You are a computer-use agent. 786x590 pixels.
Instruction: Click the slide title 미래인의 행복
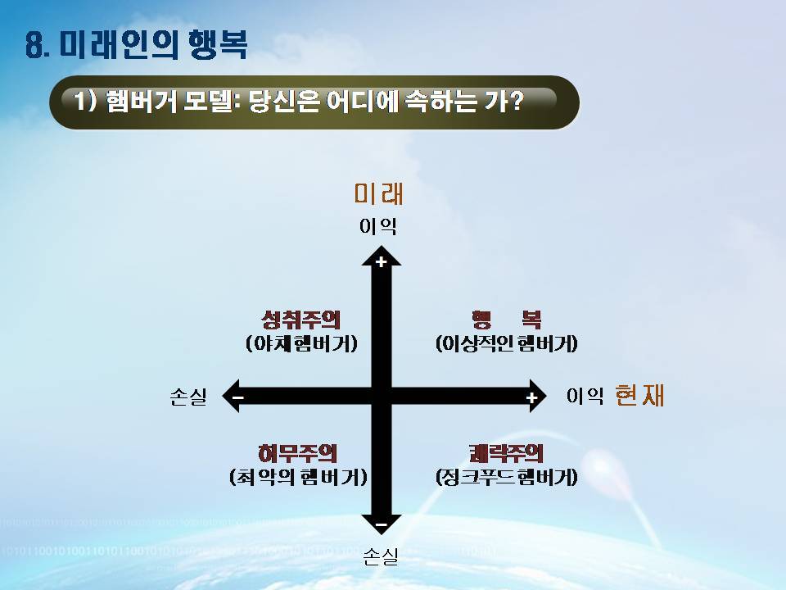coord(153,44)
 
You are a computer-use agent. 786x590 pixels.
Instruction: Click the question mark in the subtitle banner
coord(515,100)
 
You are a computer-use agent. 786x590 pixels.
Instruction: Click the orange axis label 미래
coord(378,193)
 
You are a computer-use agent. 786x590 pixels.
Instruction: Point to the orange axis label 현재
coord(639,394)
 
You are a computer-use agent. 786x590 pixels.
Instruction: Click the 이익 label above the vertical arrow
coord(378,226)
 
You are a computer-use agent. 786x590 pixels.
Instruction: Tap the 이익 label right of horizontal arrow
coord(585,395)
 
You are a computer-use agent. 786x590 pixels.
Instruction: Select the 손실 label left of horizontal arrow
coord(188,397)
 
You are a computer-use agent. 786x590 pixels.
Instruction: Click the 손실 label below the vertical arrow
coord(381,556)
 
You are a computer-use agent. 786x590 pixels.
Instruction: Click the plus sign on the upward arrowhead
coord(382,261)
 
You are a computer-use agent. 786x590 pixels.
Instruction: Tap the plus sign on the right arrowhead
coord(532,398)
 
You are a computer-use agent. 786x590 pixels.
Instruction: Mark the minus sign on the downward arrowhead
coord(382,524)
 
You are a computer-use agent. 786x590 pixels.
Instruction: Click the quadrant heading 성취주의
coord(300,319)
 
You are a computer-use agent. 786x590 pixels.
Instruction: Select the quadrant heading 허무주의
coord(297,453)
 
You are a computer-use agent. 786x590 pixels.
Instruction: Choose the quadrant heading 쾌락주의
coord(506,453)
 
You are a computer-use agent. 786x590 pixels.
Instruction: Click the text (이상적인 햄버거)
coord(507,343)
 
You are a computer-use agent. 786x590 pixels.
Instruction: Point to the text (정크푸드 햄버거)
coord(507,477)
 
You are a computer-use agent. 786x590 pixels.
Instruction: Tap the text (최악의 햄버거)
coord(298,477)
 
